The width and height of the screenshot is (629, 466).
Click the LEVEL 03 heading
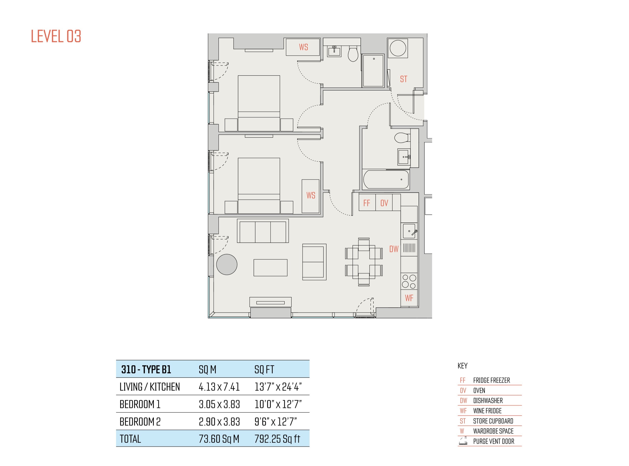click(x=56, y=36)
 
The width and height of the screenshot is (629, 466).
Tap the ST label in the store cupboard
click(x=403, y=79)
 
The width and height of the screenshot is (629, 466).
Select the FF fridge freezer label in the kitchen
click(x=367, y=203)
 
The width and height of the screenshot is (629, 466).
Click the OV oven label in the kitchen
click(x=384, y=203)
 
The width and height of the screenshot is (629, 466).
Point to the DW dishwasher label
click(x=394, y=249)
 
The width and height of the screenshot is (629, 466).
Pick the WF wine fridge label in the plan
click(x=409, y=298)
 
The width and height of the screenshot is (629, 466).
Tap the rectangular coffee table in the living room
click(x=270, y=268)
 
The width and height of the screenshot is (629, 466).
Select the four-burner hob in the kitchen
click(x=409, y=281)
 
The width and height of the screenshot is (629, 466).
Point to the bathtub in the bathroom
click(x=386, y=179)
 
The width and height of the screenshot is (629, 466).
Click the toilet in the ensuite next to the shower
click(x=353, y=54)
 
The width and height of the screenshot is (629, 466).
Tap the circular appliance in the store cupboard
click(x=398, y=48)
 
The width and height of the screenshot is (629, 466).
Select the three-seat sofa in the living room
click(x=263, y=231)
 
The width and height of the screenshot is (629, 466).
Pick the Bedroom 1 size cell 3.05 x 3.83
click(x=219, y=404)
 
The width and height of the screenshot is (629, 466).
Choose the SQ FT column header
click(x=264, y=369)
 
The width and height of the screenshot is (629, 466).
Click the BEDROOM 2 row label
click(x=140, y=422)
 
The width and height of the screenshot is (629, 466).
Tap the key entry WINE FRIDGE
click(x=487, y=411)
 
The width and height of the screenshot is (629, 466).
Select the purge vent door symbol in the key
click(x=463, y=441)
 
